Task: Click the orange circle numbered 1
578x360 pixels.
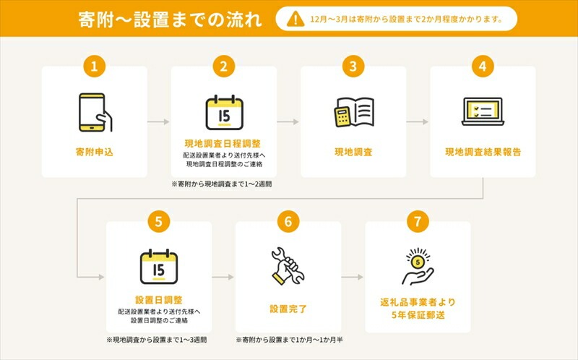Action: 95,67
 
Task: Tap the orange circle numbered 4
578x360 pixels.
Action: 483,67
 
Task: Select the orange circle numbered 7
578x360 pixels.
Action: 418,222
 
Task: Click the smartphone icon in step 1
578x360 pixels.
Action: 95,113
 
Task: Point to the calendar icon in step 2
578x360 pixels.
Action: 224,113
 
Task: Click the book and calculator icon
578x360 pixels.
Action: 354,113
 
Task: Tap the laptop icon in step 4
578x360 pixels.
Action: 483,111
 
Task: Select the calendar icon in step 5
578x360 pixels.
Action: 159,266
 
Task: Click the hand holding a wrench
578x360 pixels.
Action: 288,266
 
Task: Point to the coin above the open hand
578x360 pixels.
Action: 418,262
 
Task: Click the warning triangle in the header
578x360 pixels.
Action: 296,19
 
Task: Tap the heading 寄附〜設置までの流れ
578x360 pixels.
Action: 170,20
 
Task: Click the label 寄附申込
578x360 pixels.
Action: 95,152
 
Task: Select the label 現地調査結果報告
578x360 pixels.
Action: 483,152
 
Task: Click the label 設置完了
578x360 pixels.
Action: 288,309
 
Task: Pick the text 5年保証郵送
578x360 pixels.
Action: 418,315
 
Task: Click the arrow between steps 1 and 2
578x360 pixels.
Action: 158,121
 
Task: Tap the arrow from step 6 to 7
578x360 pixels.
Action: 353,277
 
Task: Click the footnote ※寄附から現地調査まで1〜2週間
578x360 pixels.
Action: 222,184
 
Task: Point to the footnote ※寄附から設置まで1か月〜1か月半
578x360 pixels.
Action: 290,339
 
